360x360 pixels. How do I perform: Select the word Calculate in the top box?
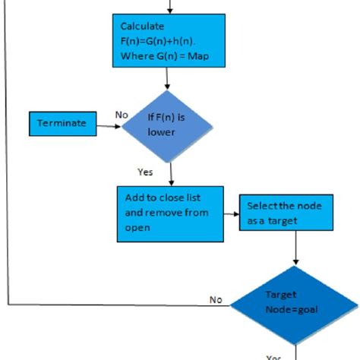coord(141,26)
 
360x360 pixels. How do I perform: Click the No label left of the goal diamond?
coord(216,299)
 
